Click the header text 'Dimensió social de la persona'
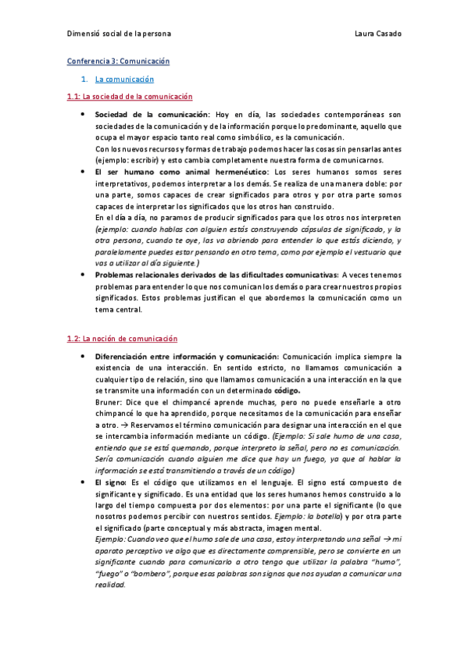[119, 34]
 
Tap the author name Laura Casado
[377, 34]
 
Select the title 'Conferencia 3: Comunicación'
[118, 61]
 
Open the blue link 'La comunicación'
[124, 80]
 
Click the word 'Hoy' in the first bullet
[225, 114]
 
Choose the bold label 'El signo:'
[113, 482]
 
